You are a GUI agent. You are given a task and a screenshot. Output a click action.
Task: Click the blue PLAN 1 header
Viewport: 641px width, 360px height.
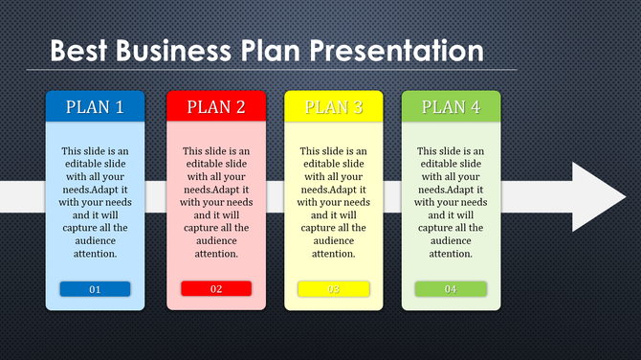pos(95,107)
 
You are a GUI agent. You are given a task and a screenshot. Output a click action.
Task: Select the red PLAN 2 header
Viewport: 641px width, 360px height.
pos(216,107)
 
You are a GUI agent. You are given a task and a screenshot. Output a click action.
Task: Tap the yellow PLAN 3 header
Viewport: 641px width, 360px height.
pos(334,107)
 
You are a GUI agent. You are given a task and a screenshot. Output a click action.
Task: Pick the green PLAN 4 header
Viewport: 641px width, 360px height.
pos(451,107)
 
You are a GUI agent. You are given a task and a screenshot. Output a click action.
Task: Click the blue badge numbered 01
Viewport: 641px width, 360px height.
pos(95,289)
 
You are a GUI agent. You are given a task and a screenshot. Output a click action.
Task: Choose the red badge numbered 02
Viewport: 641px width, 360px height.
pos(216,289)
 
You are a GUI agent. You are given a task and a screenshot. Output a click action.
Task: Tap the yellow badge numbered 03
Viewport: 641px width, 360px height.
pos(334,289)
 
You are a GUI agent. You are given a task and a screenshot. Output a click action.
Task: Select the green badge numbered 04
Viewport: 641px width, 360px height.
pos(451,289)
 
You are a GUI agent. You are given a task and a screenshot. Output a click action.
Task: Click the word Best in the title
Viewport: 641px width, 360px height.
pos(80,50)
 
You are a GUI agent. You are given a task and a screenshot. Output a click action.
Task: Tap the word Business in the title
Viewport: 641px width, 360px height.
pos(173,50)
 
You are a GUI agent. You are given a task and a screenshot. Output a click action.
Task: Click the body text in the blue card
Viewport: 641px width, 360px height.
pos(95,202)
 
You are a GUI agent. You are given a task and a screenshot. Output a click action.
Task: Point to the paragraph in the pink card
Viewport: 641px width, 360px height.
pos(216,202)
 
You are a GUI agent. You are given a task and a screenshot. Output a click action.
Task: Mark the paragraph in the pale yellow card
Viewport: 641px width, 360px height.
pos(334,202)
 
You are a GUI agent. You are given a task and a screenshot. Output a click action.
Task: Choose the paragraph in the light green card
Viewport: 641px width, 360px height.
pos(451,202)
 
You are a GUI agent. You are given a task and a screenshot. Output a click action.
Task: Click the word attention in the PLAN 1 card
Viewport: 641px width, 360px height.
pos(95,254)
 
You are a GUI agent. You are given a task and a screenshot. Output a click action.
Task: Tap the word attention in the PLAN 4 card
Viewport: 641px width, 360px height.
pos(451,254)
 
